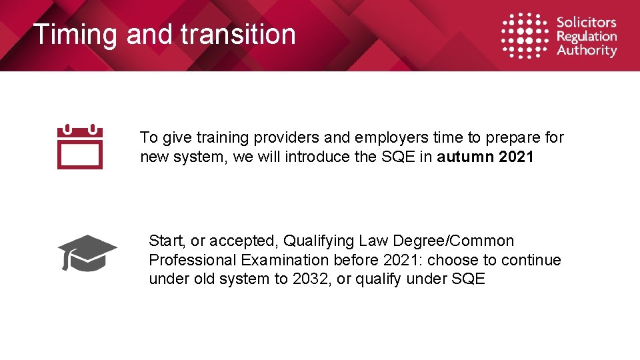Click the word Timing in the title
[75, 35]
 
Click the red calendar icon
[80, 146]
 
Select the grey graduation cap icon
[87, 253]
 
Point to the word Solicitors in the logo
[587, 22]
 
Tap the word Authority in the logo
[587, 51]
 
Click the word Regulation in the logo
[587, 36]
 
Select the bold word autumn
[465, 157]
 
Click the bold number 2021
[516, 157]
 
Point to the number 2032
[311, 279]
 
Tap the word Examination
[285, 260]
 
